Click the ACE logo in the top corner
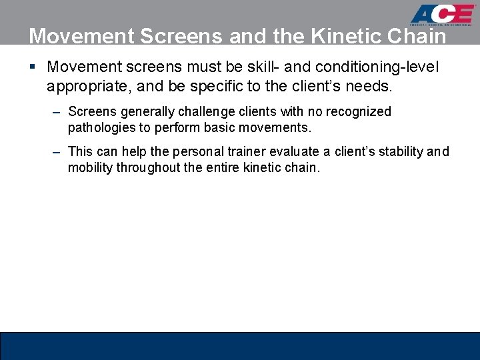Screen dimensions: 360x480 coord(443,15)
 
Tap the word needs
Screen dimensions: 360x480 coord(370,86)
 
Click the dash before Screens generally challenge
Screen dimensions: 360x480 coord(58,111)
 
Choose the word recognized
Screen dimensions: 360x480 coord(359,111)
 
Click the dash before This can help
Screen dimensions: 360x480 coord(58,152)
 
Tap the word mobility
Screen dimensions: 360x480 coord(90,167)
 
